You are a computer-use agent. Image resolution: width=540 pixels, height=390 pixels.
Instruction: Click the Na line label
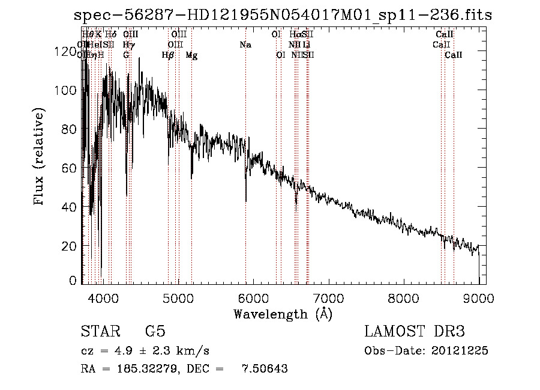click(x=245, y=45)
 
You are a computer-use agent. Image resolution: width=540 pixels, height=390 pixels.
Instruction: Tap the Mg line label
click(x=191, y=55)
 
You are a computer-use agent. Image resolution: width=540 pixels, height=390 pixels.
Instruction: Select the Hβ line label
click(x=168, y=55)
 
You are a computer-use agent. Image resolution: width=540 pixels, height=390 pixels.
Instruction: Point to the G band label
click(x=126, y=55)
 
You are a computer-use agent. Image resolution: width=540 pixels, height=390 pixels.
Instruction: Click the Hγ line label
click(x=128, y=45)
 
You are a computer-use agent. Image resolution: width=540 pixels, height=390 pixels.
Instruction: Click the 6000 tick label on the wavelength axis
click(x=252, y=298)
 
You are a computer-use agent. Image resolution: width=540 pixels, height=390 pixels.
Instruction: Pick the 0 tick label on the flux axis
click(x=73, y=281)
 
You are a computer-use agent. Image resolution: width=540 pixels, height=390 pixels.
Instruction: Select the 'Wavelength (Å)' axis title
click(x=283, y=313)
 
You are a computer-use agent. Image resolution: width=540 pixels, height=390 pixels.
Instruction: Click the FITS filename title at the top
click(x=282, y=15)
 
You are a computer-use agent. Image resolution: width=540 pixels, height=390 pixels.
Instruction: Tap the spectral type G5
click(x=155, y=332)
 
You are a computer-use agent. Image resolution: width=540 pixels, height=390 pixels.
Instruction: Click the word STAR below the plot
click(x=100, y=332)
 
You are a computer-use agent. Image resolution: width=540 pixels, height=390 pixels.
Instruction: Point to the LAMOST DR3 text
click(x=415, y=332)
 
